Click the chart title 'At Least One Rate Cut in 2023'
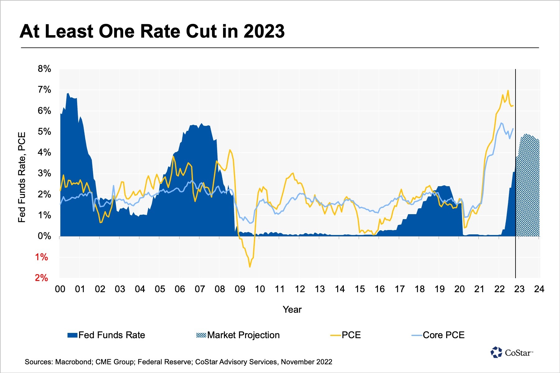[152, 31]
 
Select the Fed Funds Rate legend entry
[106, 335]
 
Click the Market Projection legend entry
[238, 335]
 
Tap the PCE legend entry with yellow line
[346, 335]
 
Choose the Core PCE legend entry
[438, 335]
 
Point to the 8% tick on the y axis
[44, 69]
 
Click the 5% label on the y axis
[44, 131]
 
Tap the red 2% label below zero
[41, 278]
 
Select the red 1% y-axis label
[41, 257]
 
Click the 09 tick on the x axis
[240, 289]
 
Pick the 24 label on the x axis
[539, 289]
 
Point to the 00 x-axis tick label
[60, 289]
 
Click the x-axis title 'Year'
[292, 310]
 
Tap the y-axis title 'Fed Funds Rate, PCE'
[21, 177]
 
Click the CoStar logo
[512, 352]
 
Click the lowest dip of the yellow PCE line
[250, 267]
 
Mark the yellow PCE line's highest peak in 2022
[508, 91]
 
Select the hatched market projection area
[527, 186]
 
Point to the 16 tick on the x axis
[380, 289]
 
